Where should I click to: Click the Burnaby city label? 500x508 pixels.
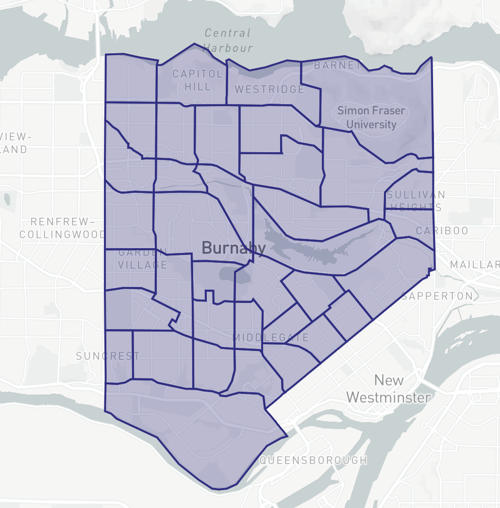[x=233, y=247]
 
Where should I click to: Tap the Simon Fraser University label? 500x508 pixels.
[x=367, y=117]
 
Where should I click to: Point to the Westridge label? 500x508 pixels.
[x=269, y=89]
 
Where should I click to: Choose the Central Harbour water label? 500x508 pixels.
[x=227, y=40]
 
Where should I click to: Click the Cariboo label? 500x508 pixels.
[x=441, y=230]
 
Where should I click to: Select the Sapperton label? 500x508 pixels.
[x=437, y=296]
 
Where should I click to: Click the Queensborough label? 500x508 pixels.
[x=312, y=460]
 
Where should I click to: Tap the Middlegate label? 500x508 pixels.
[x=265, y=337]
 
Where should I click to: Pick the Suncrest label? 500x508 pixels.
[x=107, y=356]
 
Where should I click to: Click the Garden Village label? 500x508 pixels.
[x=142, y=259]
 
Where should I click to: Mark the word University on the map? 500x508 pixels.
[x=367, y=125]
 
